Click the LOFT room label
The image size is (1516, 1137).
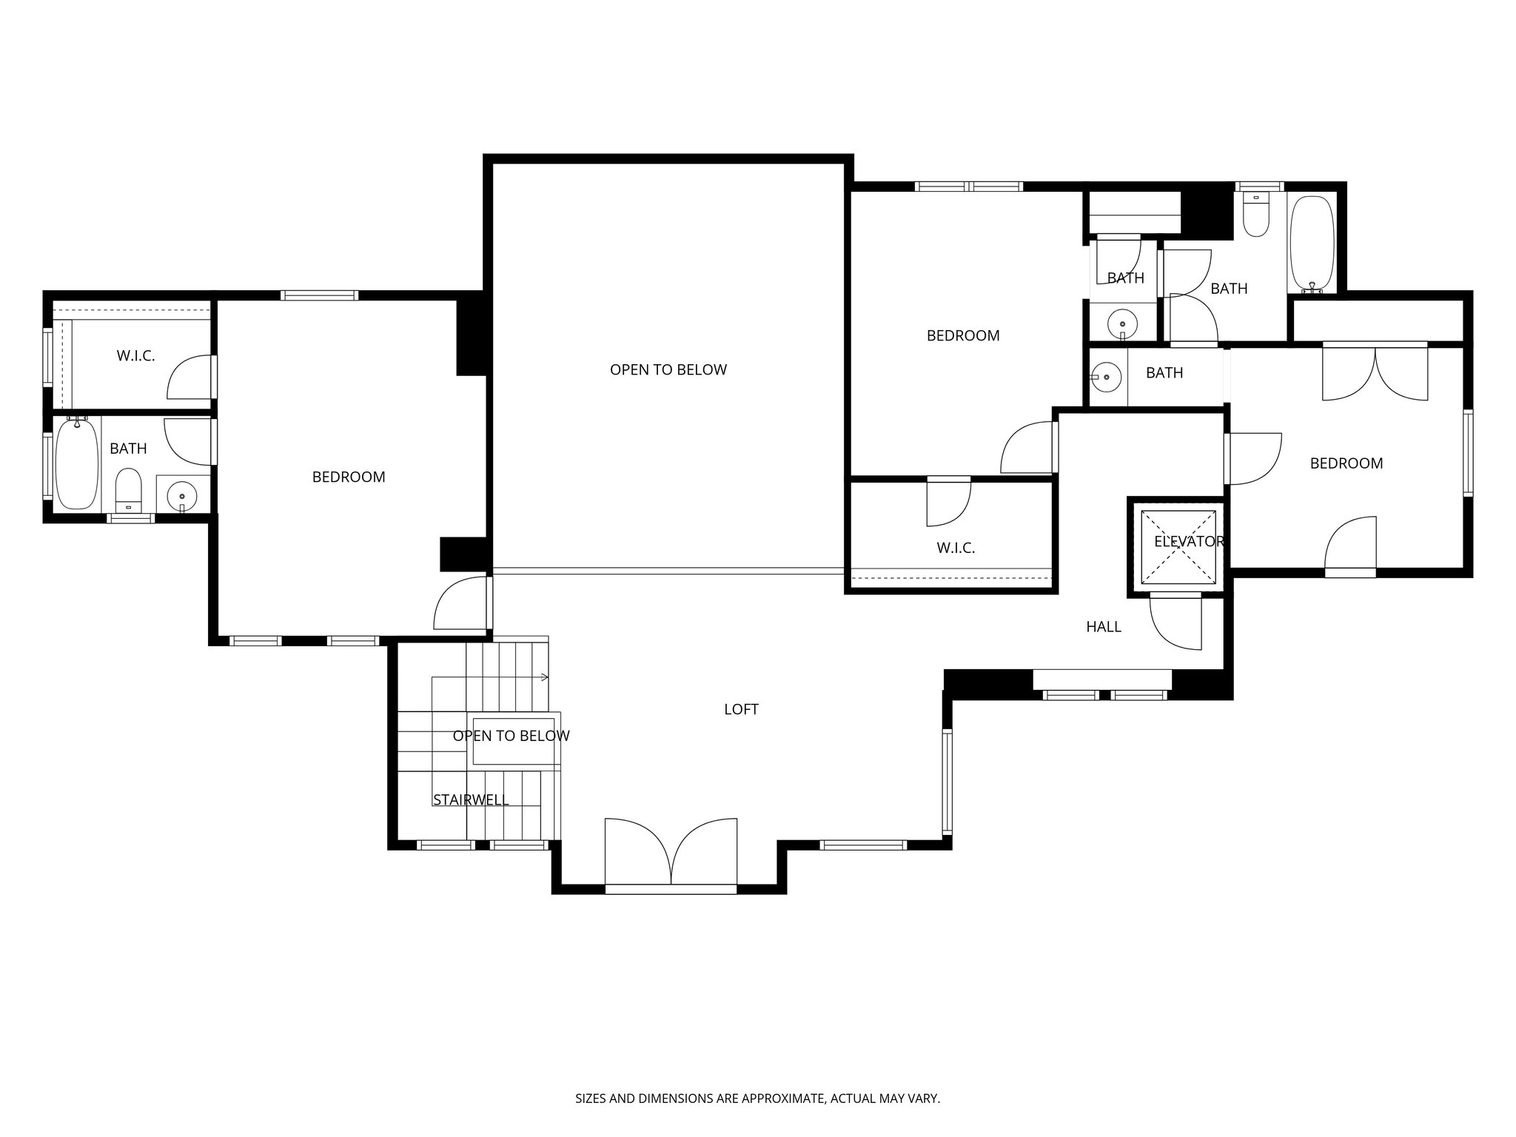point(741,709)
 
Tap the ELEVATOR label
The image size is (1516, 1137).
point(1189,542)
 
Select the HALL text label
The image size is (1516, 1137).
point(1103,627)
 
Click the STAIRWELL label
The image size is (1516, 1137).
point(471,799)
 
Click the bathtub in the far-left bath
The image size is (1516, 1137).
point(77,463)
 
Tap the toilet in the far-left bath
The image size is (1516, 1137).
point(130,487)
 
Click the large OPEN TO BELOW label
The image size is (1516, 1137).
point(668,369)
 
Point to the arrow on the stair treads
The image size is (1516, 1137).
point(543,677)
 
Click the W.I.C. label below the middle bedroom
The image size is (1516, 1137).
point(956,548)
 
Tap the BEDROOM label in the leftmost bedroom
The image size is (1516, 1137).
point(349,477)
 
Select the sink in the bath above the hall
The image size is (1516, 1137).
point(1106,377)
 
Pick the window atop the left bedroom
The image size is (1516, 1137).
point(319,295)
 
